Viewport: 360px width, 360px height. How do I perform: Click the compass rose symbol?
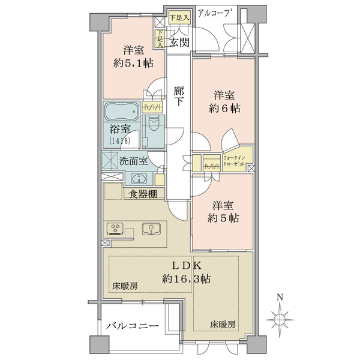pyautogui.click(x=280, y=320)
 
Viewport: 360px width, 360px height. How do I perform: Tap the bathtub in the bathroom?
pyautogui.click(x=122, y=112)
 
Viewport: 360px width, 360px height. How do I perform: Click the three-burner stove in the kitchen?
pyautogui.click(x=115, y=229)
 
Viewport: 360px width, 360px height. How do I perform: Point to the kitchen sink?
pyautogui.click(x=151, y=229)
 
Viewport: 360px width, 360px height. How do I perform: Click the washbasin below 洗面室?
pyautogui.click(x=139, y=178)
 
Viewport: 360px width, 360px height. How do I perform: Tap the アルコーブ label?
pyautogui.click(x=214, y=13)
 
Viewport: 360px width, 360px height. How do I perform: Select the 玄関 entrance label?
pyautogui.click(x=179, y=42)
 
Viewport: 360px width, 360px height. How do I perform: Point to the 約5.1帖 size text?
pyautogui.click(x=133, y=63)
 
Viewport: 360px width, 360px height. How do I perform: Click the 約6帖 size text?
pyautogui.click(x=224, y=108)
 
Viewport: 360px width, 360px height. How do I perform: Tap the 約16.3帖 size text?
pyautogui.click(x=186, y=279)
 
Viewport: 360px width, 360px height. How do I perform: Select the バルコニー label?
pyautogui.click(x=133, y=326)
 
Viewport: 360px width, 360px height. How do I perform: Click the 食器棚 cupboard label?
pyautogui.click(x=143, y=194)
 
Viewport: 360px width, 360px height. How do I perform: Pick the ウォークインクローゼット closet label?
pyautogui.click(x=234, y=161)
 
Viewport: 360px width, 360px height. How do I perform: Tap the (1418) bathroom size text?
pyautogui.click(x=120, y=140)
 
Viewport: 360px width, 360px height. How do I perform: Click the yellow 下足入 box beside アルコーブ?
pyautogui.click(x=180, y=17)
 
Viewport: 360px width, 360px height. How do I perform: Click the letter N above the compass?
pyautogui.click(x=280, y=298)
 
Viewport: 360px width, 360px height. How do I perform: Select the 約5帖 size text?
pyautogui.click(x=223, y=218)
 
